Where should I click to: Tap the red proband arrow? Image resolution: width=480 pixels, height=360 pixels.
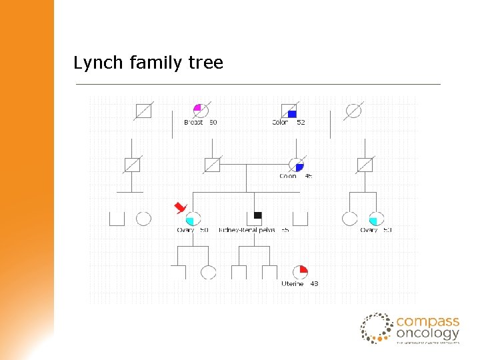click(179, 207)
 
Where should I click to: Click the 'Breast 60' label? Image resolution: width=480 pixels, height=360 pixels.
click(200, 123)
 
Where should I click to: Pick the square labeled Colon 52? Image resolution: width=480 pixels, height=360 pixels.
click(289, 111)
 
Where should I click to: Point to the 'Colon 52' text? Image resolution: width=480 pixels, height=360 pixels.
click(288, 123)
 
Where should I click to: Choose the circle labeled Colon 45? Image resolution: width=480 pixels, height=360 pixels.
click(296, 164)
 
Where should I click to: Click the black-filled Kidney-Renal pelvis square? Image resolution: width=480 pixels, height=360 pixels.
click(257, 215)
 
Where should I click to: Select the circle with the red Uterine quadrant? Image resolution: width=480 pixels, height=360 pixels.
click(299, 272)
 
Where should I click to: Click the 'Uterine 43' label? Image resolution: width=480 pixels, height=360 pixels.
click(299, 284)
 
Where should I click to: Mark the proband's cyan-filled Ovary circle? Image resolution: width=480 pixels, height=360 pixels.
click(192, 218)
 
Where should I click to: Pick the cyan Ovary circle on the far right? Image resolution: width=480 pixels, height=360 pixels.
click(376, 218)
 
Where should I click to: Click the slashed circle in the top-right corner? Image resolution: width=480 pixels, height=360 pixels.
click(353, 111)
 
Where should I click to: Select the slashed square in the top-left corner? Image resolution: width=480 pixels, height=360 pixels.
click(143, 111)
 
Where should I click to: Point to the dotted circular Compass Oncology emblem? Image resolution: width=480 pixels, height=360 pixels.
click(376, 328)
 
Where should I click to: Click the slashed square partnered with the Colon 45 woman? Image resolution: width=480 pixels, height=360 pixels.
click(212, 164)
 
